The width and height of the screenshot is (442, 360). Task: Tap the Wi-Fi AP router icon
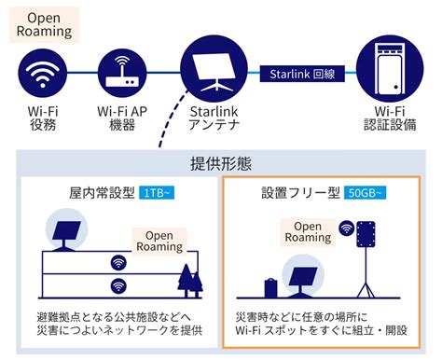(122, 73)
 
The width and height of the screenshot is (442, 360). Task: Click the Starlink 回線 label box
(302, 74)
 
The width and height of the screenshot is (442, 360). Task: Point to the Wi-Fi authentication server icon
(390, 69)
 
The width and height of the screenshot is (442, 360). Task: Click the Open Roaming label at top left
(44, 25)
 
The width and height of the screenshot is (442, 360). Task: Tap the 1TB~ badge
(157, 193)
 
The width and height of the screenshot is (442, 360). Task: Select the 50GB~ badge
(365, 193)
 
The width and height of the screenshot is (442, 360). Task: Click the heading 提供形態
(221, 163)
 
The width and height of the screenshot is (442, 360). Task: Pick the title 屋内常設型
(102, 193)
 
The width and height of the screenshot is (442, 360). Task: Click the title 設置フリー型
(300, 193)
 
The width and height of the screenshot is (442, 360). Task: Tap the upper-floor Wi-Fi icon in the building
(118, 262)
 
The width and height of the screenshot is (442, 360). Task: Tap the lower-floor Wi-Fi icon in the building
(118, 285)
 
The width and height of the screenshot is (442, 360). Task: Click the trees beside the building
(190, 281)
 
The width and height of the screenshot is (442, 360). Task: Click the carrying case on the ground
(270, 288)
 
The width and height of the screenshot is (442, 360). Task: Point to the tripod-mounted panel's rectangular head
(366, 234)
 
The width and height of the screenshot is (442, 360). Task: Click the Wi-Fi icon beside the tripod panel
(347, 228)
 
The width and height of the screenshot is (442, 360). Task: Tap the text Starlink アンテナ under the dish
(214, 118)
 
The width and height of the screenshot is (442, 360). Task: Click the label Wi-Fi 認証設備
(390, 118)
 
